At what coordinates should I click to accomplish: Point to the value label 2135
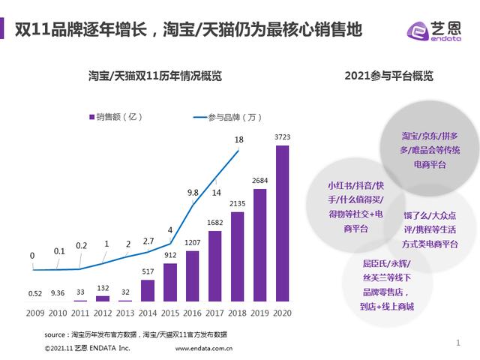[237, 203]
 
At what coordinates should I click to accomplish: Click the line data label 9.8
[193, 193]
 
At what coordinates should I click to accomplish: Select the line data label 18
[238, 139]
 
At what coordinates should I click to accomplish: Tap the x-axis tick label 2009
[35, 310]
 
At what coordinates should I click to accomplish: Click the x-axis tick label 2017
[214, 310]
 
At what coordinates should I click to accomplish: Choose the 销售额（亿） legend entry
[112, 117]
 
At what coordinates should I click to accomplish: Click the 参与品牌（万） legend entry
[228, 117]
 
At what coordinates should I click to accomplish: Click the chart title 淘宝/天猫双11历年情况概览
[154, 76]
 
